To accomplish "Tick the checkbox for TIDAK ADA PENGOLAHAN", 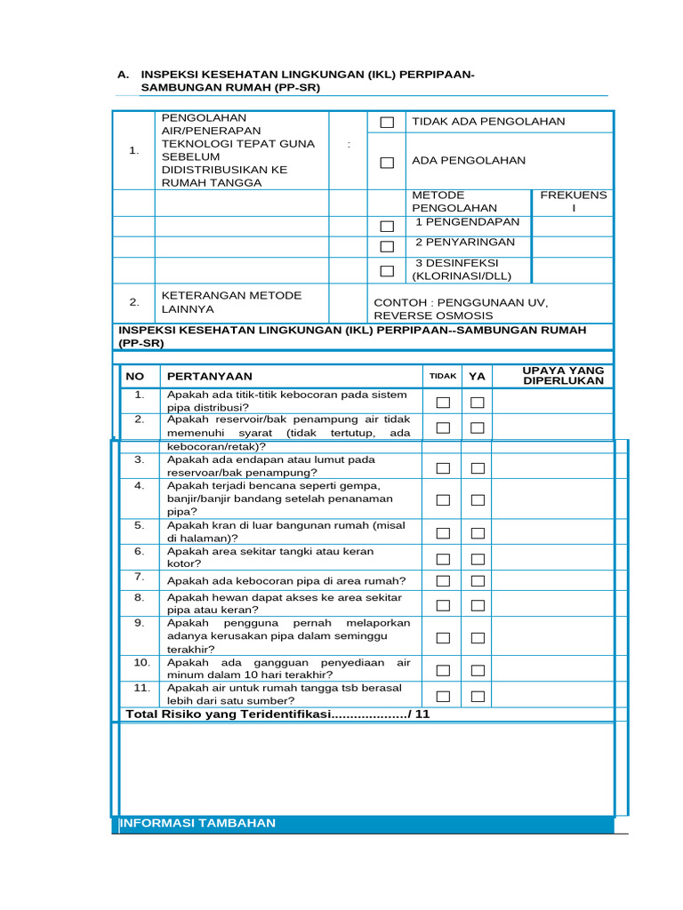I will tap(387, 123).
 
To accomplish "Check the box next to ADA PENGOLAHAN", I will tap(387, 163).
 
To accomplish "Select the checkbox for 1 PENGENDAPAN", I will tap(387, 227).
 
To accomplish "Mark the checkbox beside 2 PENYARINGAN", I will tap(387, 246).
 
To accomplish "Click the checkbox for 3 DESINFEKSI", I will tap(387, 270).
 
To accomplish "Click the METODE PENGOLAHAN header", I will tap(454, 202).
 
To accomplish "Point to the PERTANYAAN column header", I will tap(210, 376).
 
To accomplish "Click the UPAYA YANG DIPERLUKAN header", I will tap(563, 375).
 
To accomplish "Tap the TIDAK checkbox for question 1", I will tap(443, 403).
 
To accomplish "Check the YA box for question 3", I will tap(478, 468).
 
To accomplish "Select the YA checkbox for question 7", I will tap(478, 581).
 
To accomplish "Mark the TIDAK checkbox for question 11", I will tap(443, 696).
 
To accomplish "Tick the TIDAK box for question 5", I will tap(443, 533).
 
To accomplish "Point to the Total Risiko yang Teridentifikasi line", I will tap(277, 714).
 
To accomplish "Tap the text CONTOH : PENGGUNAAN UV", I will tap(461, 303).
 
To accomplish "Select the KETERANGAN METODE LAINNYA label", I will tap(231, 302).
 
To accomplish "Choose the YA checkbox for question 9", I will tap(478, 638).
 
